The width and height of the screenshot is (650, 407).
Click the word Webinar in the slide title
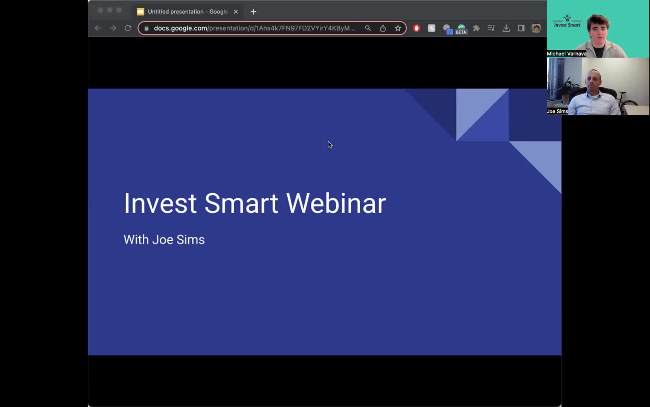coord(336,203)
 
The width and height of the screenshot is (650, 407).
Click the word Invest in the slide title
coord(160,203)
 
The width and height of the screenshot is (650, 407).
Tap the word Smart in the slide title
coord(241,203)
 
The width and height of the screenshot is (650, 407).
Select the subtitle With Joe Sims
coord(164,240)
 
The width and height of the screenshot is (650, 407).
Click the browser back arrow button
coord(98,28)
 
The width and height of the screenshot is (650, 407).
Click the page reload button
coord(128,28)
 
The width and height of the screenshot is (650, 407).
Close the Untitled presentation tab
coord(236,12)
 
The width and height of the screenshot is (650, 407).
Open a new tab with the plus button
coord(253,12)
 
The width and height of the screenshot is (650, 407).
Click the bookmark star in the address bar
coord(398,28)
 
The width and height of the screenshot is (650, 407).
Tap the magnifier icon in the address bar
coord(368,28)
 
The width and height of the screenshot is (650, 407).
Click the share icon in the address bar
coord(383,28)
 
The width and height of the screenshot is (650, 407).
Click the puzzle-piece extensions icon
coord(476,28)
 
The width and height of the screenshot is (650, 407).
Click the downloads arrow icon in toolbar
coord(506,28)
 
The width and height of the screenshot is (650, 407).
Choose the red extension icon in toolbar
coord(417,28)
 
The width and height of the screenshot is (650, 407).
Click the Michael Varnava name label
coord(566,54)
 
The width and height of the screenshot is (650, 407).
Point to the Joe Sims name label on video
coord(557,111)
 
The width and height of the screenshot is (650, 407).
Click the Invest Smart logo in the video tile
coord(567,21)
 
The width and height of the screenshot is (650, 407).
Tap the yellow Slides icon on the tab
coord(140,12)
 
